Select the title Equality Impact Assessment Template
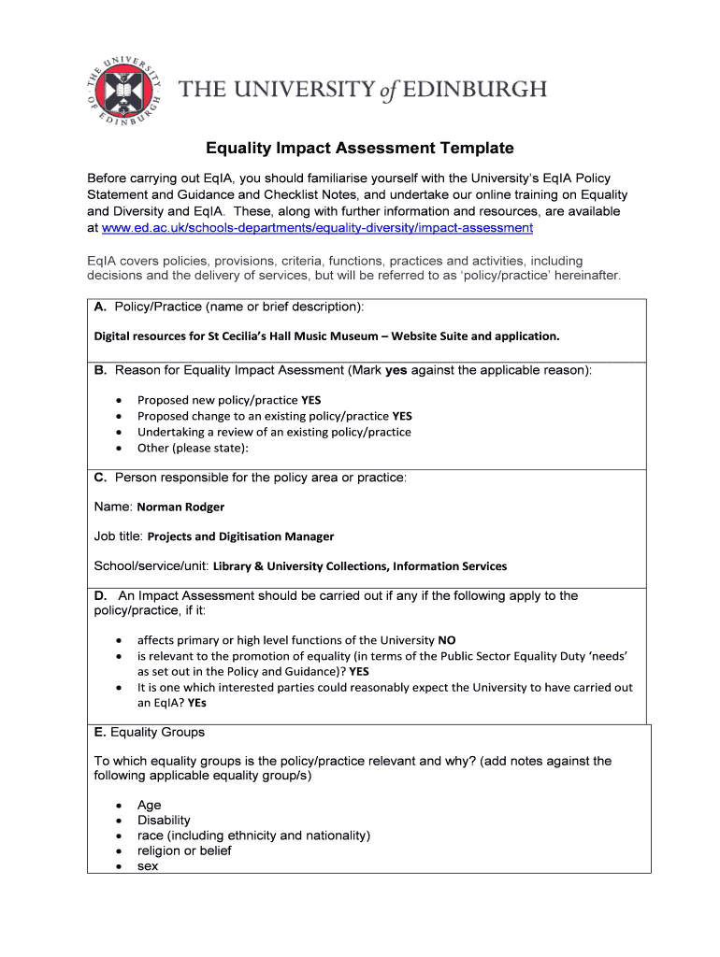(x=360, y=148)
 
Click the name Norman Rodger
(x=180, y=507)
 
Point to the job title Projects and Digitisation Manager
(x=240, y=536)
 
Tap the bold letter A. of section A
(x=101, y=307)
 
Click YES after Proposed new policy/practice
(x=310, y=400)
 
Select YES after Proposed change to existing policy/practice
(x=402, y=416)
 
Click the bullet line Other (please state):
(x=193, y=448)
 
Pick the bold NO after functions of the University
(x=447, y=640)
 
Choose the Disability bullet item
(x=164, y=820)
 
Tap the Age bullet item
(x=149, y=805)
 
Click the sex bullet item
(x=148, y=865)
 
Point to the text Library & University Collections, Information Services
(x=360, y=566)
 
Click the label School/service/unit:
(x=151, y=565)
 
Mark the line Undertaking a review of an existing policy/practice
(x=274, y=432)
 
